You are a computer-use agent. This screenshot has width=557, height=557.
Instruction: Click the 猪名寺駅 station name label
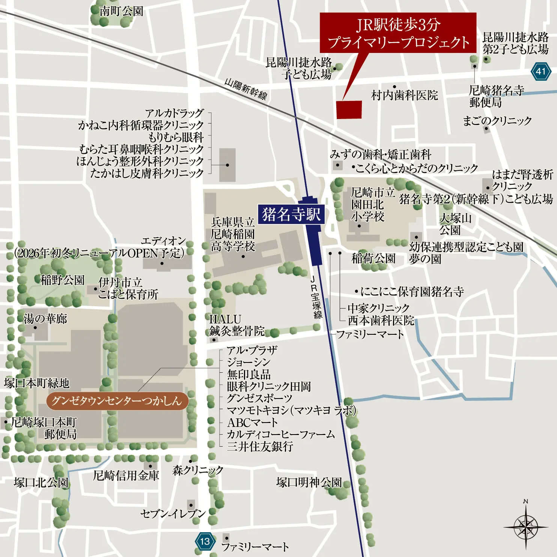click(291, 214)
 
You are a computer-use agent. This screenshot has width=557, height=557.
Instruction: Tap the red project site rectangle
click(349, 110)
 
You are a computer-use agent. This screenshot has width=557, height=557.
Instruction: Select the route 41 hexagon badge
click(540, 71)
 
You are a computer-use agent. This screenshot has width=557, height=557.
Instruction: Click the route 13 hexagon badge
click(205, 541)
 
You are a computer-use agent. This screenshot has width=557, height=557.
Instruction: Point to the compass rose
click(526, 527)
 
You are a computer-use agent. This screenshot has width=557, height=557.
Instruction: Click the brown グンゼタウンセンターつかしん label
click(116, 401)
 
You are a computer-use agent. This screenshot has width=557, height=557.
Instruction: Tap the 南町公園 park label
click(121, 11)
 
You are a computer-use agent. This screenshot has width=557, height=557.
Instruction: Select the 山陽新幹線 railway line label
click(246, 89)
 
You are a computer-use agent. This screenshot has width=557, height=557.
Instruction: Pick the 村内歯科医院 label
click(405, 95)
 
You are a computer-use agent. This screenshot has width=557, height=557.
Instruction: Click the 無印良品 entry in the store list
click(249, 374)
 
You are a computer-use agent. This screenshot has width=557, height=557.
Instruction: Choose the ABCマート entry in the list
click(252, 422)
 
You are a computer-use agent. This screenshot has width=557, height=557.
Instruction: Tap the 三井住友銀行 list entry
click(260, 446)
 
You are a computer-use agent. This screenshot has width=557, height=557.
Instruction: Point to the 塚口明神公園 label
click(309, 482)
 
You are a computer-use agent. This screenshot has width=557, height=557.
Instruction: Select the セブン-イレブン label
click(173, 513)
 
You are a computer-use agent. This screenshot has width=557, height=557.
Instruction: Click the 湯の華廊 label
click(45, 319)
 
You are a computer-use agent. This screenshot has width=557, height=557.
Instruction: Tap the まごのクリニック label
click(497, 120)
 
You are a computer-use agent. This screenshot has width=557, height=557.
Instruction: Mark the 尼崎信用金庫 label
click(126, 476)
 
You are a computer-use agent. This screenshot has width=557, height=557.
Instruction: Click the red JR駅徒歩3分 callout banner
click(398, 33)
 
